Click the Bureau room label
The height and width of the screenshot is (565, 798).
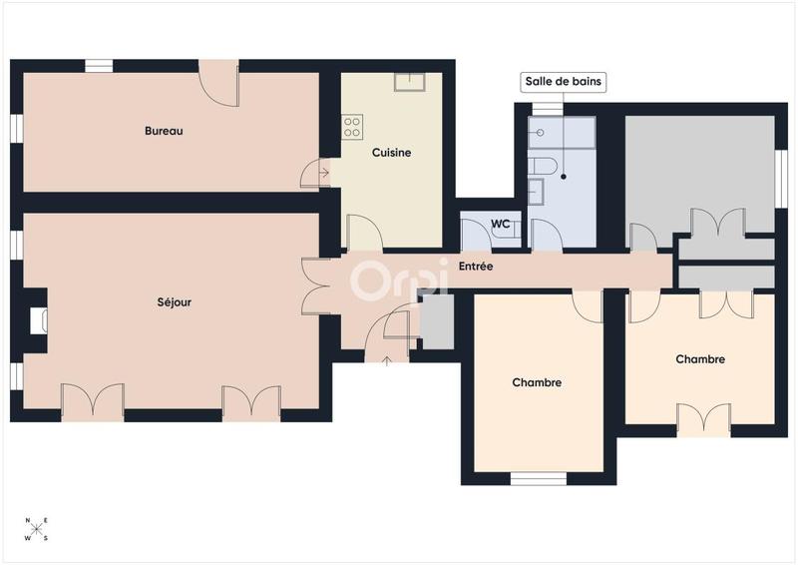pyautogui.click(x=164, y=131)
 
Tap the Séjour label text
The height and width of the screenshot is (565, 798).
pyautogui.click(x=174, y=301)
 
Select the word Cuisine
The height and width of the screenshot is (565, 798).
pyautogui.click(x=392, y=153)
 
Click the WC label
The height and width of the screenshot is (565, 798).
pyautogui.click(x=501, y=225)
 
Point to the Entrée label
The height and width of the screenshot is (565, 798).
pyautogui.click(x=476, y=267)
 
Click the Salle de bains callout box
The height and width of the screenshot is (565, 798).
pyautogui.click(x=564, y=82)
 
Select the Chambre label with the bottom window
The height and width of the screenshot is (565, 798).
pyautogui.click(x=537, y=382)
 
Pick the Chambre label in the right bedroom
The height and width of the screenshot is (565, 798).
pyautogui.click(x=699, y=359)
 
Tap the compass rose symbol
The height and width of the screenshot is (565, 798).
pyautogui.click(x=36, y=530)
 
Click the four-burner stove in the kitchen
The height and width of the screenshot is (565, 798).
pyautogui.click(x=352, y=127)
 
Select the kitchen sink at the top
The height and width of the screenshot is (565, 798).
pyautogui.click(x=409, y=82)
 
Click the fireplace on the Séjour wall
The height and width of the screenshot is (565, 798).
pyautogui.click(x=38, y=320)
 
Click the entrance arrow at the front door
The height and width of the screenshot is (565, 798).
pyautogui.click(x=387, y=358)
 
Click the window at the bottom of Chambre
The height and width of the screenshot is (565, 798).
pyautogui.click(x=538, y=478)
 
